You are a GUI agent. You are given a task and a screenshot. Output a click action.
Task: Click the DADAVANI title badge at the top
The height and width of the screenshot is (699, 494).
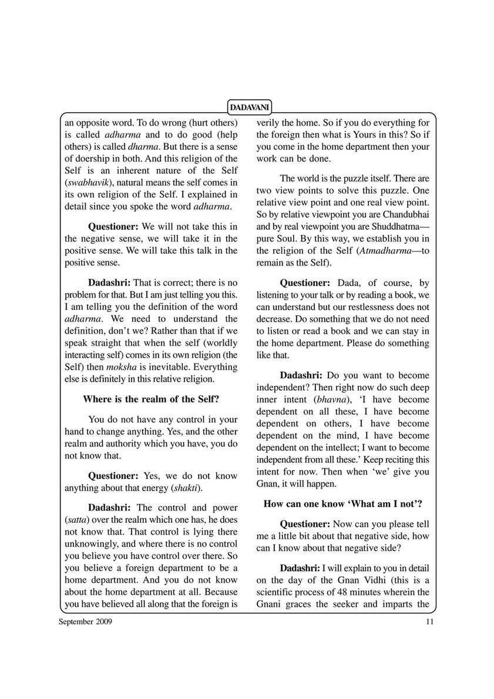[x=248, y=106]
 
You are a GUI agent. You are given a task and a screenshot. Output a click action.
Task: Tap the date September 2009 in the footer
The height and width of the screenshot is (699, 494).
[x=86, y=621]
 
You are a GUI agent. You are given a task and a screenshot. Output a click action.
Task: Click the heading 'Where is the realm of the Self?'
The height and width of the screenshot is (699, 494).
[x=151, y=399]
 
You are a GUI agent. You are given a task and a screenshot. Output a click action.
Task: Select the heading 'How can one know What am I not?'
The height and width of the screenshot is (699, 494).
[x=344, y=503]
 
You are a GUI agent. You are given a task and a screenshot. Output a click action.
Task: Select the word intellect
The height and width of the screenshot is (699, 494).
[x=322, y=447]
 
